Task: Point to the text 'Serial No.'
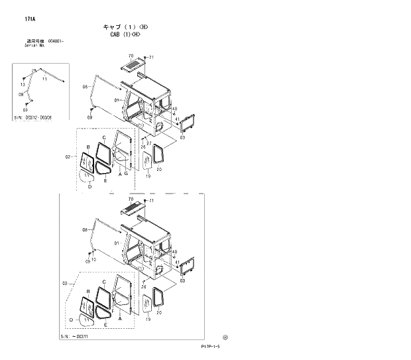(35, 45)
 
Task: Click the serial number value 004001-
(56, 41)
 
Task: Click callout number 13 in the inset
(23, 85)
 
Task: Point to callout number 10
(94, 259)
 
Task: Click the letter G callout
(126, 174)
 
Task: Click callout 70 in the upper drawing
(131, 56)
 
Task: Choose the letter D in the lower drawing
(70, 320)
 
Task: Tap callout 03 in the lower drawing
(182, 280)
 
